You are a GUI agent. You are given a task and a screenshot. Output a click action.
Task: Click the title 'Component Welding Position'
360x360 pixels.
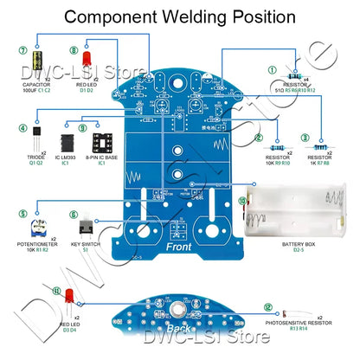(x=180, y=16)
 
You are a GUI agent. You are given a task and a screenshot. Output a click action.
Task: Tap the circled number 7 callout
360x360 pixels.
(x=22, y=49)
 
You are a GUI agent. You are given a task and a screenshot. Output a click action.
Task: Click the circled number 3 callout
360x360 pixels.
(x=305, y=137)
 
